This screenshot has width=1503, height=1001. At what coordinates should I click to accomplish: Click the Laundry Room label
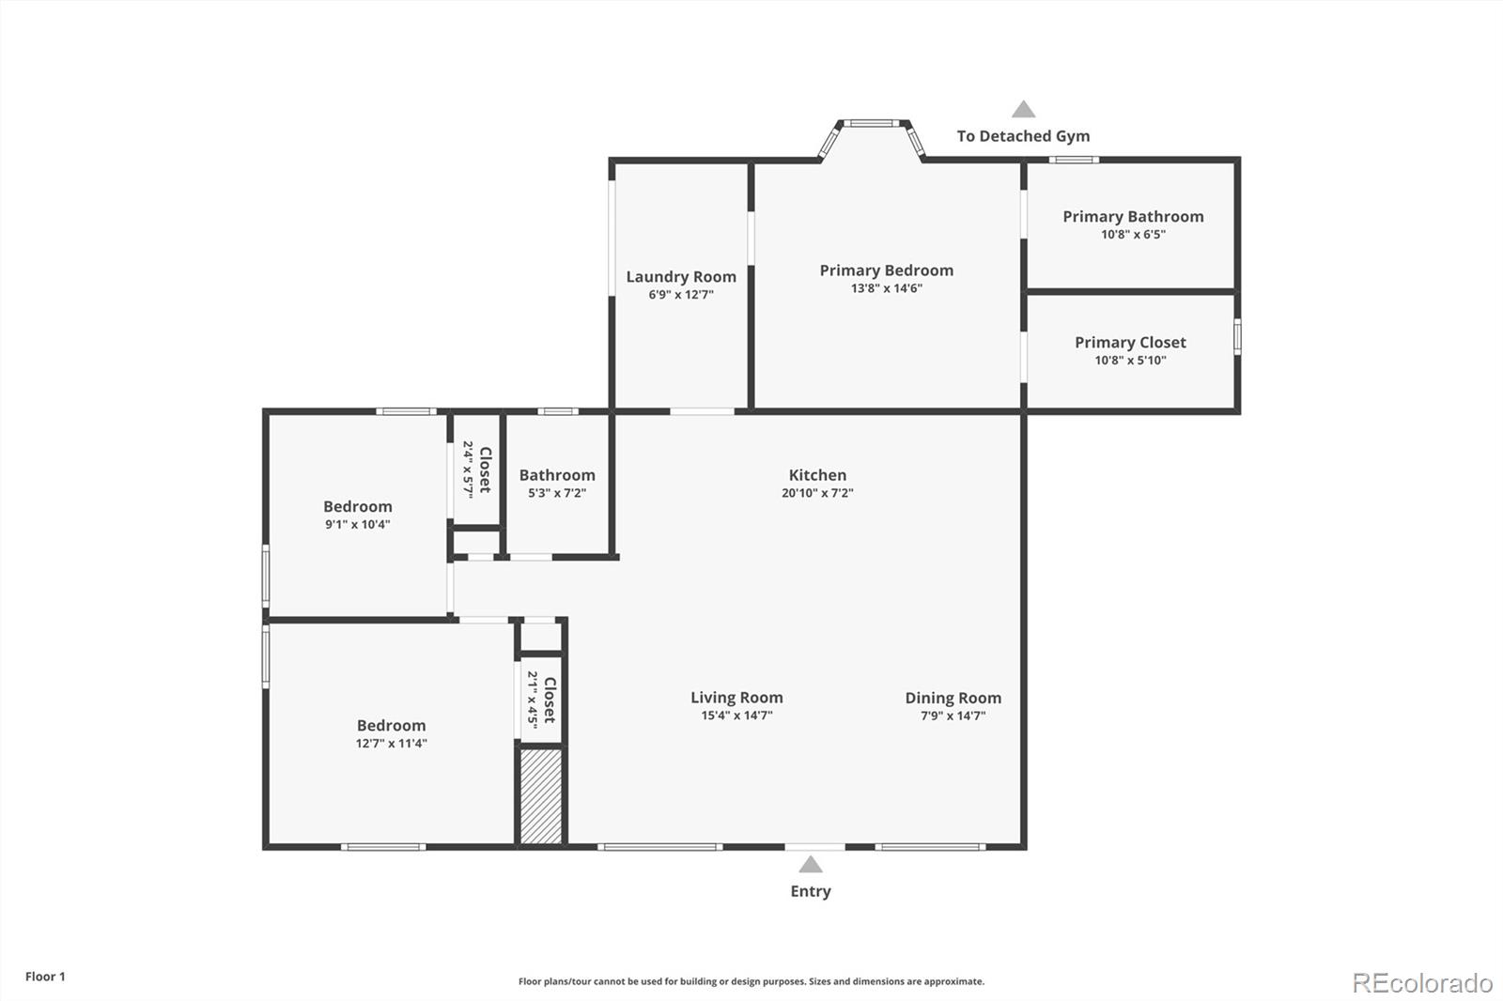681,277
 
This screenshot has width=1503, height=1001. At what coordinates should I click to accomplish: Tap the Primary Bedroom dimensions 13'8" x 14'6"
886,288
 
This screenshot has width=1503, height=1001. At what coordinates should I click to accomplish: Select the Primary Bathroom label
1133,217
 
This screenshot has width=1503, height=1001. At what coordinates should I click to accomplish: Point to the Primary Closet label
1130,343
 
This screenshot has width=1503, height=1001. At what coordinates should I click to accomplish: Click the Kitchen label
817,475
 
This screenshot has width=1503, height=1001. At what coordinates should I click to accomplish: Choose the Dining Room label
953,698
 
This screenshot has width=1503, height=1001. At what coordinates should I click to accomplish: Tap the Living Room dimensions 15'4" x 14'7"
736,716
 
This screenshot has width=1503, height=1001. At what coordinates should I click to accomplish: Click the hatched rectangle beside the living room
541,796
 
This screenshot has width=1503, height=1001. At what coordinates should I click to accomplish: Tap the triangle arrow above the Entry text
811,865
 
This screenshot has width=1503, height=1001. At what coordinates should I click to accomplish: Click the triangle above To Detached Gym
1023,110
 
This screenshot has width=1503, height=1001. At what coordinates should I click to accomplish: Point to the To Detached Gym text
1023,136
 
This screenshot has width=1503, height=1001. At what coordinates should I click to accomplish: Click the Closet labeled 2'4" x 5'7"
476,470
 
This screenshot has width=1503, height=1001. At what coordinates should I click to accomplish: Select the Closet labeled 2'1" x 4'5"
541,699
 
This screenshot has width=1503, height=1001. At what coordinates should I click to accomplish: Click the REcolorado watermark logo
1422,982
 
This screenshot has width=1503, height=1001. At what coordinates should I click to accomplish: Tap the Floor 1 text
45,977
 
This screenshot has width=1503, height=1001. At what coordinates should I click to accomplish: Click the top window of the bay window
870,122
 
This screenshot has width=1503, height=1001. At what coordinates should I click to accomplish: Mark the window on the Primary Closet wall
1237,337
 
